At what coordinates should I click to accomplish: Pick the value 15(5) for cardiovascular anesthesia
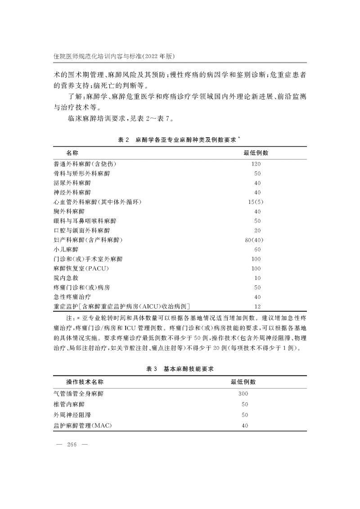pyautogui.click(x=256, y=202)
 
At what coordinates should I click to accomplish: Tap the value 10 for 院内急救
pyautogui.click(x=257, y=278)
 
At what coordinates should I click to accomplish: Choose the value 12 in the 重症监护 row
pyautogui.click(x=257, y=306)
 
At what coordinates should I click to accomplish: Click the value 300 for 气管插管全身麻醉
pyautogui.click(x=243, y=393)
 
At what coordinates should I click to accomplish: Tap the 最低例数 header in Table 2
pyautogui.click(x=256, y=153)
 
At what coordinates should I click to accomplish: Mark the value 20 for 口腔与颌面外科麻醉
pyautogui.click(x=257, y=230)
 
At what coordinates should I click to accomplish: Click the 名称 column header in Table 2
pyautogui.click(x=72, y=153)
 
